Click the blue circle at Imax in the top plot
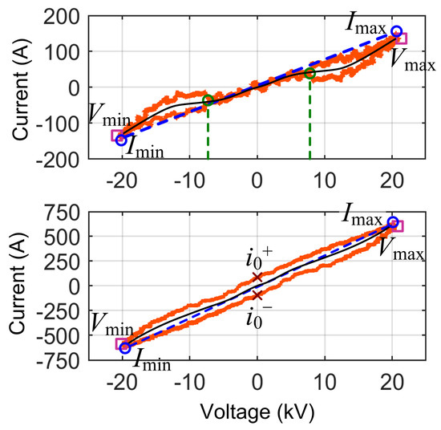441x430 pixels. coord(396,31)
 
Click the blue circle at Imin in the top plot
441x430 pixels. coord(122,140)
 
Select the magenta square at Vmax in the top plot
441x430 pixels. coord(400,39)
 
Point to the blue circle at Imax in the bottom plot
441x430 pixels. coord(393,222)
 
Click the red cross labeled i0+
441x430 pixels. coord(257,278)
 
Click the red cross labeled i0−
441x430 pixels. coord(257,295)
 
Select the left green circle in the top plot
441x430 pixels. coord(208,100)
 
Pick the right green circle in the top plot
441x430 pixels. coord(310,74)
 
